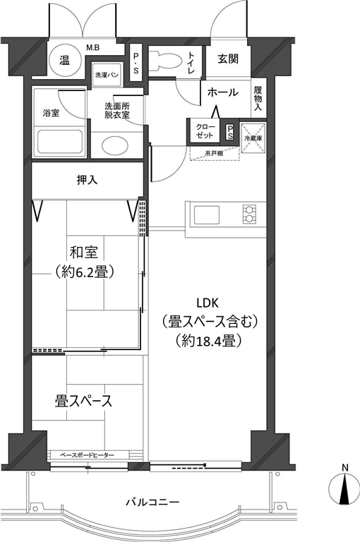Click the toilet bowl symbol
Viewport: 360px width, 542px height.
[165, 60]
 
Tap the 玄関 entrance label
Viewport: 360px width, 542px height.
[228, 59]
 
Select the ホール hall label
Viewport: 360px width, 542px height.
[223, 92]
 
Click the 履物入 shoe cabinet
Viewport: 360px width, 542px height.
[258, 99]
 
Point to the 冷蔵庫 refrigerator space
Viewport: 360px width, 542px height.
[253, 138]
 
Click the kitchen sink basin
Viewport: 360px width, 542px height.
[206, 215]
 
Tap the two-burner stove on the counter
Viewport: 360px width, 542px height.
[249, 215]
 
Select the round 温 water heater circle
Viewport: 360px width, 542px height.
[65, 61]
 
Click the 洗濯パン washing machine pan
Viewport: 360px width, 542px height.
[107, 75]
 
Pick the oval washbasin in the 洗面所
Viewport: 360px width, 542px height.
[117, 145]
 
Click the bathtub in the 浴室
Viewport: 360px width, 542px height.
[60, 142]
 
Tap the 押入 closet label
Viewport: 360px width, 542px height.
[87, 180]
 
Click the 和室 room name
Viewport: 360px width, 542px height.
[84, 253]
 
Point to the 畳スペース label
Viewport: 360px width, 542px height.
[83, 402]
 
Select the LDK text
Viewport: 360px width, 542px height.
[208, 303]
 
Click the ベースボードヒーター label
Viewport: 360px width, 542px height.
[87, 455]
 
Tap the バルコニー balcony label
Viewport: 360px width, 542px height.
[152, 502]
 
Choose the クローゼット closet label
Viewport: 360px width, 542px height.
[205, 131]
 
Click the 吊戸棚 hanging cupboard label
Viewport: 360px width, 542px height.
[214, 153]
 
